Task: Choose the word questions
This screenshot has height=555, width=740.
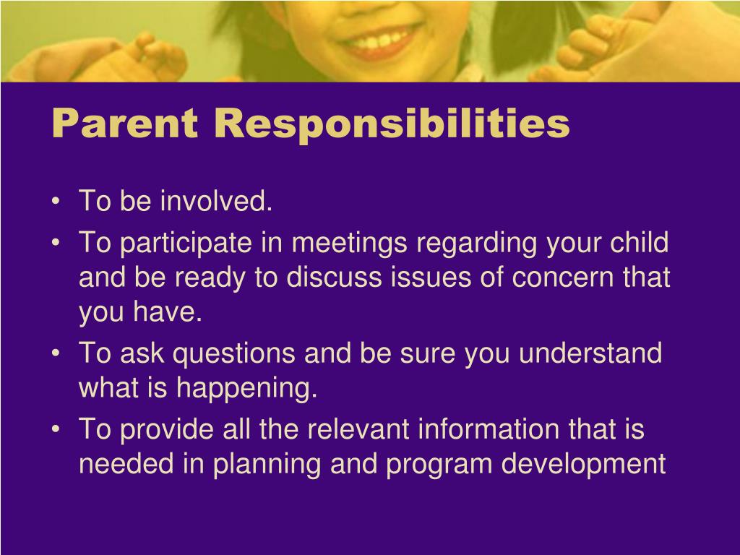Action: (x=234, y=354)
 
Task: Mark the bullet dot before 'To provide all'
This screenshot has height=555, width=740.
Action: (x=57, y=430)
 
